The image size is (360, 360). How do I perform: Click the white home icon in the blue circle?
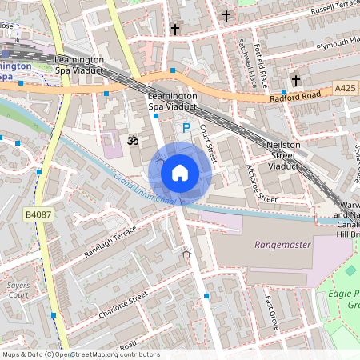point(180,172)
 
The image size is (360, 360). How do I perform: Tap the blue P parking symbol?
point(186,127)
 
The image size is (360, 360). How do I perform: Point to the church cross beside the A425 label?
point(295,80)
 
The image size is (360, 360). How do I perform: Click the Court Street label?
point(208,142)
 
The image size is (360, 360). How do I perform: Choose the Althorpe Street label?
point(262,183)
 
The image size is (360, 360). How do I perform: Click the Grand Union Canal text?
point(144,190)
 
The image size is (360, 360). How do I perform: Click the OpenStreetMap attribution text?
point(80,354)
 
